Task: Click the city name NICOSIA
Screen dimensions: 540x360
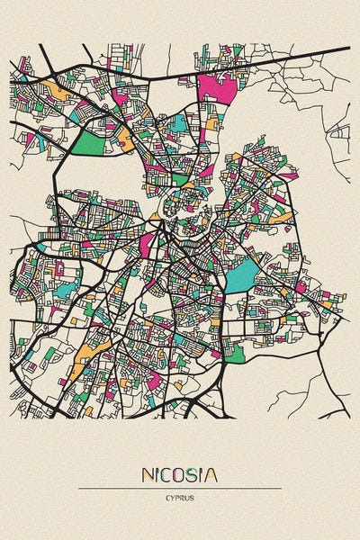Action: pos(179,474)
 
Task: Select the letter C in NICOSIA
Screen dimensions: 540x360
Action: pos(168,474)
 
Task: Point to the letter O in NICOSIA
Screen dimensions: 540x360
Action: pos(182,474)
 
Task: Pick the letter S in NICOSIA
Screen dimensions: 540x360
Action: pos(195,474)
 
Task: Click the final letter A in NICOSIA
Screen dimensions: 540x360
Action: pos(211,474)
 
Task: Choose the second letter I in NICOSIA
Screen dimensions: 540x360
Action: pos(203,474)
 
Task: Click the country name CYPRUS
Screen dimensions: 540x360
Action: pos(180,498)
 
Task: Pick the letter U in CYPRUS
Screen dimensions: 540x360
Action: pos(188,498)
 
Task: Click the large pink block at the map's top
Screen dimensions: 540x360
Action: pos(220,91)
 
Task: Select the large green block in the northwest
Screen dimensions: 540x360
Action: pos(88,143)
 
